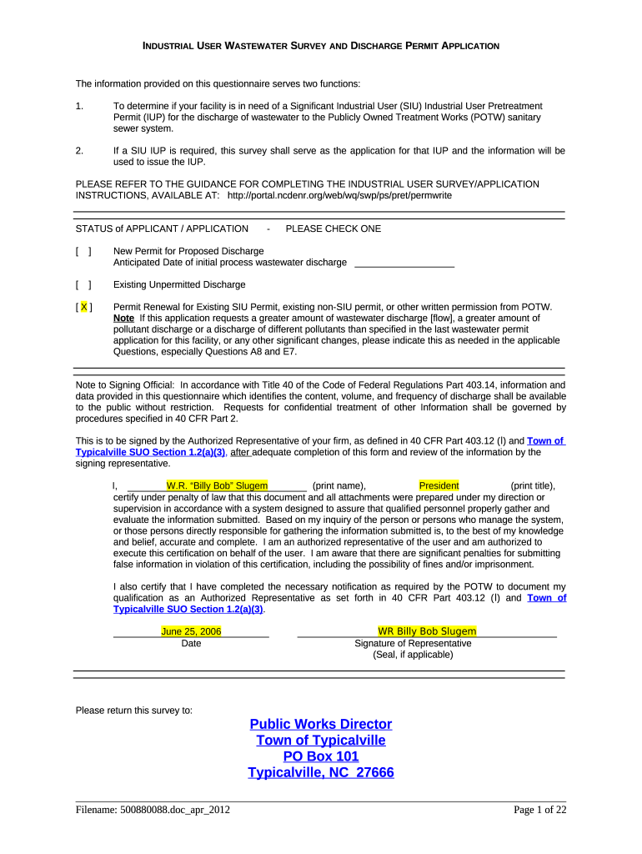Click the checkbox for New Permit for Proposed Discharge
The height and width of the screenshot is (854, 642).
(83, 251)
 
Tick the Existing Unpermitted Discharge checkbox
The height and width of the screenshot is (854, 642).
(83, 284)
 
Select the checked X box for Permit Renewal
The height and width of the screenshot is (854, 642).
(83, 307)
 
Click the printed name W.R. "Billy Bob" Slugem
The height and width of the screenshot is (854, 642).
(217, 486)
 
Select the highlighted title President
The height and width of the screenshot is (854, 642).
(439, 486)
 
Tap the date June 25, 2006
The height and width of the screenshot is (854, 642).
(191, 631)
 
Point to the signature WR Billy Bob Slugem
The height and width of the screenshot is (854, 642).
(427, 631)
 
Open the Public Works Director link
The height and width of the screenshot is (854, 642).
(321, 724)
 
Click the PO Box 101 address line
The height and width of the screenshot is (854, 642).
(321, 756)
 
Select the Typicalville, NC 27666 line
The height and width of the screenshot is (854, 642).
(321, 772)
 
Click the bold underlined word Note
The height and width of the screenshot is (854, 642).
(123, 319)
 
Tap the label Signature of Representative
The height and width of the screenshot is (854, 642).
(413, 644)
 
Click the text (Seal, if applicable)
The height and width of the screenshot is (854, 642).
(413, 655)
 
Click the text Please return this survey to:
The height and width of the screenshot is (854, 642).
(134, 711)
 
